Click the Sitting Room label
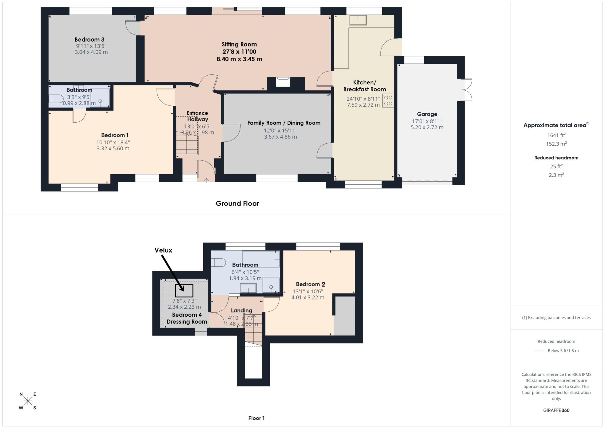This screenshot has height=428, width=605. (239, 44)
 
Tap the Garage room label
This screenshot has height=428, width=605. (427, 114)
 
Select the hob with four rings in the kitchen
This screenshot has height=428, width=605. (388, 100)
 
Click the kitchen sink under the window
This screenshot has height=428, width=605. (358, 20)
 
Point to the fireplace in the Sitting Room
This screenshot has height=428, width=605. (283, 82)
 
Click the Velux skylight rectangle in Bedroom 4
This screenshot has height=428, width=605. (184, 290)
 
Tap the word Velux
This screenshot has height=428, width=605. (163, 250)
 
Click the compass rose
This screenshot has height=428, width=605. (28, 401)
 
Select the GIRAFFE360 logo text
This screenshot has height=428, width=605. (556, 410)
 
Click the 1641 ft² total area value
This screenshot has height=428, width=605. (556, 135)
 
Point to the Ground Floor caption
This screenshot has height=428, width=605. (237, 204)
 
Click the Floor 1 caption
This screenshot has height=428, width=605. (256, 418)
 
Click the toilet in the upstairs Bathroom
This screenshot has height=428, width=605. (219, 262)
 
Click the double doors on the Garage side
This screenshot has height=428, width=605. (467, 90)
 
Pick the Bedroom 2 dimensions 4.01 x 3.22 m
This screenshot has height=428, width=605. (308, 297)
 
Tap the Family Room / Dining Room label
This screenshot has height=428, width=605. (284, 123)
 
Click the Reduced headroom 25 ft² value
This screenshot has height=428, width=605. (556, 166)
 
